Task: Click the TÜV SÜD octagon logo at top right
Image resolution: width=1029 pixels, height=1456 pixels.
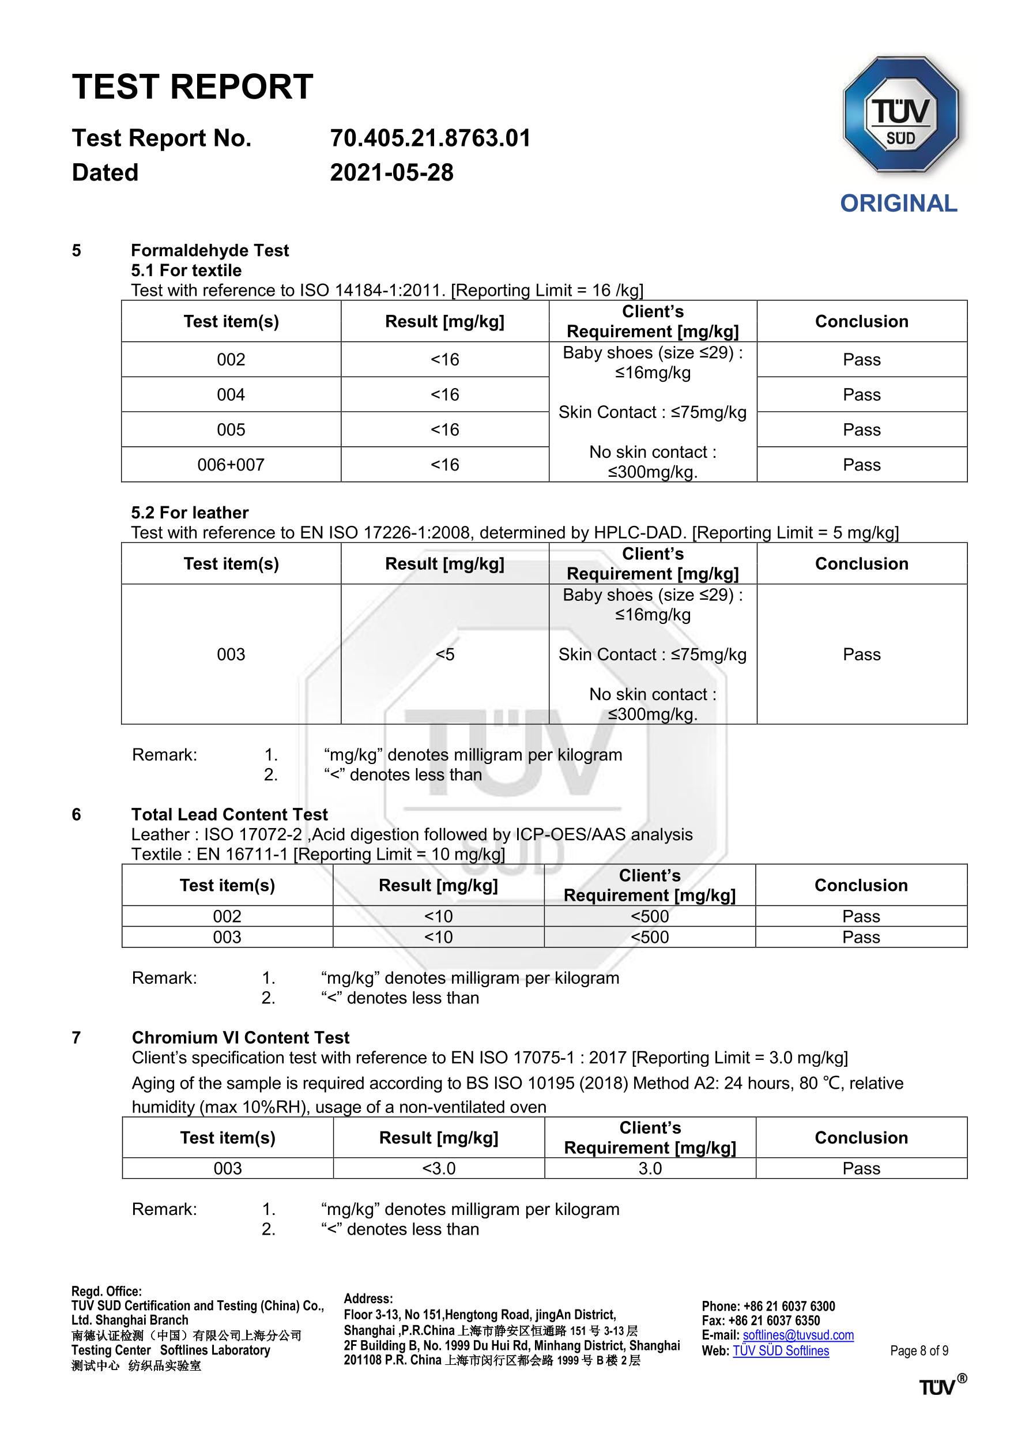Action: point(900,115)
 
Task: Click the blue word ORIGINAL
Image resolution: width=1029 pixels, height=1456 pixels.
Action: point(898,204)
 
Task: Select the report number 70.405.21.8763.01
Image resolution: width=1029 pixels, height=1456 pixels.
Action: point(430,138)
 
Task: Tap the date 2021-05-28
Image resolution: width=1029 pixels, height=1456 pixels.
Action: point(392,172)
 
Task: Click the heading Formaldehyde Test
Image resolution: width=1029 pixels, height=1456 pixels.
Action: point(210,250)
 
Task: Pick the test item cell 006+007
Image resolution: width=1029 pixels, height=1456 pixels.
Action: point(231,465)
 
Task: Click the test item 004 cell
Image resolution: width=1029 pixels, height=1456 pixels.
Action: point(231,394)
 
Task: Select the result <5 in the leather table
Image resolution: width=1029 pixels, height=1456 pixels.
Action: point(445,654)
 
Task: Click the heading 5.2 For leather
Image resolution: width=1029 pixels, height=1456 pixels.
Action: point(190,513)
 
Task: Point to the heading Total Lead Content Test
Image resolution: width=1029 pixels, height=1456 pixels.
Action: point(229,814)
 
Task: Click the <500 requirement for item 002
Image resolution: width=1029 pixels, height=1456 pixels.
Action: point(650,916)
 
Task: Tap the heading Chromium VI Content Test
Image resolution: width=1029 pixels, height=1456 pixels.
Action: point(240,1037)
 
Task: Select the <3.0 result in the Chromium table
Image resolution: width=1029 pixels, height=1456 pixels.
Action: point(439,1168)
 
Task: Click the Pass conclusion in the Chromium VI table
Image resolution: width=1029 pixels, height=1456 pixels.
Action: point(861,1168)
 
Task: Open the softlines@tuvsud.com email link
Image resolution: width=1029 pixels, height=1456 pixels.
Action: point(798,1335)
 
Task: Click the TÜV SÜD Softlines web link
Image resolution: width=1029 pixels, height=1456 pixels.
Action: point(781,1350)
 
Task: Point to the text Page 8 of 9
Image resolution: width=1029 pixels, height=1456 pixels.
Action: point(919,1350)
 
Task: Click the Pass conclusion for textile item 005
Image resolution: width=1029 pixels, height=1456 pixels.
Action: point(862,430)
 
